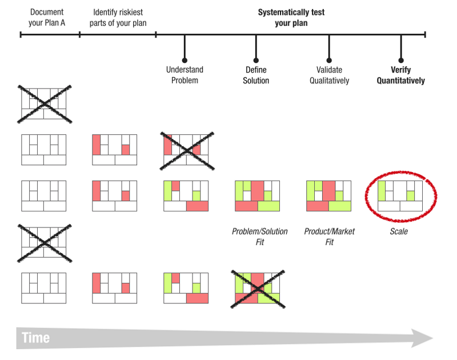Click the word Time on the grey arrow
click(x=35, y=338)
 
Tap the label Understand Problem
click(x=185, y=75)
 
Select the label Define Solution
click(x=256, y=75)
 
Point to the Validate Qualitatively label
click(x=329, y=75)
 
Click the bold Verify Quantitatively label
click(x=400, y=75)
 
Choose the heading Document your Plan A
click(x=47, y=17)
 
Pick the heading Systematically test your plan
click(x=291, y=17)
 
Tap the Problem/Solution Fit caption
click(x=259, y=237)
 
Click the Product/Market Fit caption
click(x=329, y=237)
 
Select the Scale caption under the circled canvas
click(x=399, y=231)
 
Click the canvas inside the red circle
click(x=400, y=195)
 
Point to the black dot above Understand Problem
click(x=185, y=60)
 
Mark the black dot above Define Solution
click(x=256, y=60)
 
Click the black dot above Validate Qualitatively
click(x=329, y=60)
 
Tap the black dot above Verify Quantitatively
click(x=401, y=60)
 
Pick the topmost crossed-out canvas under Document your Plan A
click(x=44, y=103)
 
